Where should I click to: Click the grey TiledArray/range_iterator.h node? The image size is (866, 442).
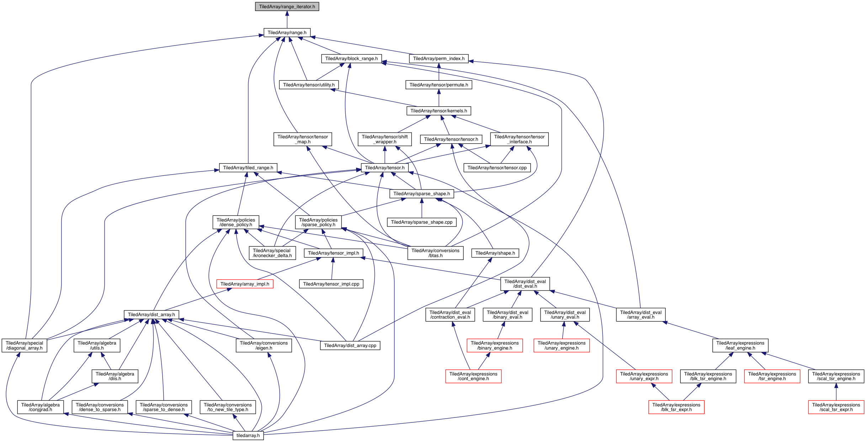coord(287,7)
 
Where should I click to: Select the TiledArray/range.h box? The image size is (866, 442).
coord(287,33)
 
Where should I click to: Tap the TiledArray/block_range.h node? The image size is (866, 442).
coord(351,59)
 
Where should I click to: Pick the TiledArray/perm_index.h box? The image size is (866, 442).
coord(439,59)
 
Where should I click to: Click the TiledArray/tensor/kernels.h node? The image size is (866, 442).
coord(439,111)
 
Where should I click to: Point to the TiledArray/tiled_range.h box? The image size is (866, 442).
coord(248,168)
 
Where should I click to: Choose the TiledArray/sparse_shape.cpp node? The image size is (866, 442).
coord(421,222)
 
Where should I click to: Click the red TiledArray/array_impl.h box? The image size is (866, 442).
coord(245,284)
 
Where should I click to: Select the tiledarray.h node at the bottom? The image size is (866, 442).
coord(248,436)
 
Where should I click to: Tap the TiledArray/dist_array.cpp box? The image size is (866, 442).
coord(350,346)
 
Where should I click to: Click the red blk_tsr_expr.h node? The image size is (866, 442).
coord(676,407)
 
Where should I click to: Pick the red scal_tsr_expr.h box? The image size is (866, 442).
coord(836,407)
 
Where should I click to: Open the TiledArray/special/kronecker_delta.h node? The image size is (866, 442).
coord(272,253)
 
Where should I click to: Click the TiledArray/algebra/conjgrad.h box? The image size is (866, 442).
coord(40,407)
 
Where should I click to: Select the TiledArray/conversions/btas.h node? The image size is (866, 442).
coord(435,253)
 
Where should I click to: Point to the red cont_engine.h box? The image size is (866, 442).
coord(473,376)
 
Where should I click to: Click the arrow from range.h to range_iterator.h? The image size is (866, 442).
coord(287,20)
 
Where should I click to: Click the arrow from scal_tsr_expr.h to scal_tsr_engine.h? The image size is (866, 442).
coord(836,392)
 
